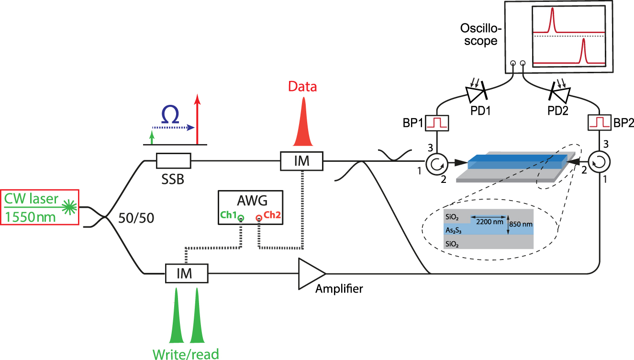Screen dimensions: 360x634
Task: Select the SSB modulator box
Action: click(x=174, y=161)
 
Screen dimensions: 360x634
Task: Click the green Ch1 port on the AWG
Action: click(x=241, y=219)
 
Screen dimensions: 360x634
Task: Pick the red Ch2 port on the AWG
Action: click(x=259, y=219)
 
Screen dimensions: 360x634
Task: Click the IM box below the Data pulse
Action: click(x=302, y=161)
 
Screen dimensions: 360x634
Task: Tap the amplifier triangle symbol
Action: click(x=310, y=273)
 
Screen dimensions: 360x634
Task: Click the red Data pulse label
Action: click(x=302, y=87)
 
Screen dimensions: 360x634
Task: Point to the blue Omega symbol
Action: click(x=171, y=116)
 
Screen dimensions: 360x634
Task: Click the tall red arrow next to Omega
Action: click(x=197, y=119)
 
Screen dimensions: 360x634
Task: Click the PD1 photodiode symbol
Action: click(x=476, y=92)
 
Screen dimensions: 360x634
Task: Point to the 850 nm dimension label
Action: click(x=522, y=224)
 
